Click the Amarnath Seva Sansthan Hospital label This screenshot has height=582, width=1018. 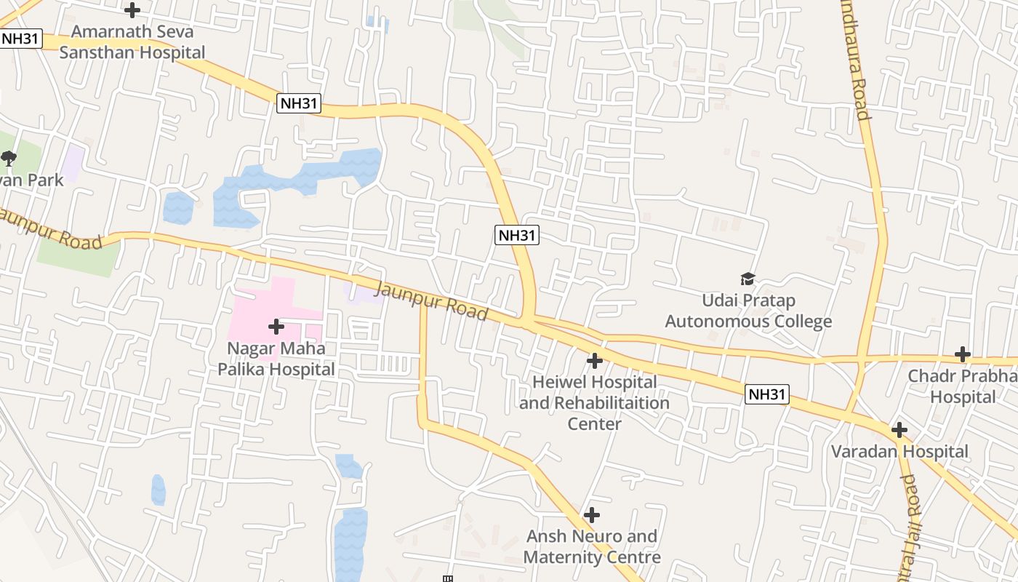point(132,42)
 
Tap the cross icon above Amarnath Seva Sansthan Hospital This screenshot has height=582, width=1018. point(132,10)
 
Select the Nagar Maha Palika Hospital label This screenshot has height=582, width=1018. point(276,359)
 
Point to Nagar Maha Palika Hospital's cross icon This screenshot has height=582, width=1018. point(276,327)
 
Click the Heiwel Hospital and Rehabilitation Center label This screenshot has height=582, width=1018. point(594,402)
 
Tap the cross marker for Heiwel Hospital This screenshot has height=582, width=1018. point(595,360)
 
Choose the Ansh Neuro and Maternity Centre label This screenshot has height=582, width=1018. point(592,547)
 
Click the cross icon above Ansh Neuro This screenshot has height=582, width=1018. point(592,515)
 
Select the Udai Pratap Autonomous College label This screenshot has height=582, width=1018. point(748,311)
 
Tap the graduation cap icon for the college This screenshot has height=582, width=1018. point(748,279)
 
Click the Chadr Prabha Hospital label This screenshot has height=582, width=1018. point(963,386)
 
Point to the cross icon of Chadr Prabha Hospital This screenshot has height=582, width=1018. point(963,354)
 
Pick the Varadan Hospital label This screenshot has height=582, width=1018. point(899,451)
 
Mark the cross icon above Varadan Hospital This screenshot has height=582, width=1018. point(899,430)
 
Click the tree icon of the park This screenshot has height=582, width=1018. point(9,158)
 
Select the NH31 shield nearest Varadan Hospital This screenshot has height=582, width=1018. point(767,394)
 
